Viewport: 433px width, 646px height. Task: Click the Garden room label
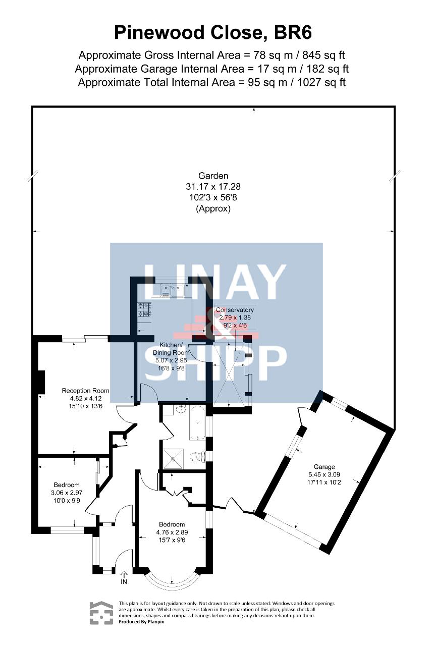point(213,176)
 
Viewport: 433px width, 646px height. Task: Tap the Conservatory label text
point(235,310)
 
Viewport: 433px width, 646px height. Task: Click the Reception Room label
point(86,391)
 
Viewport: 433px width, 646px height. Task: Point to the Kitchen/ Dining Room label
point(171,349)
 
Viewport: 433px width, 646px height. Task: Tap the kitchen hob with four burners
point(144,309)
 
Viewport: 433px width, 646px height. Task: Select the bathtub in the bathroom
point(197,423)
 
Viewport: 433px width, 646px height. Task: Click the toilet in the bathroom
point(197,457)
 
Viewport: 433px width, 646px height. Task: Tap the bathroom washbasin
point(181,409)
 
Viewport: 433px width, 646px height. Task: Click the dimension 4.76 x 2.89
point(172,532)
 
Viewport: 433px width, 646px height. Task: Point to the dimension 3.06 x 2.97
point(67,493)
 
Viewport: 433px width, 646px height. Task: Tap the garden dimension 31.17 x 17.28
point(213,187)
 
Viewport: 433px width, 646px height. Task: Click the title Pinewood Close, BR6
point(213,33)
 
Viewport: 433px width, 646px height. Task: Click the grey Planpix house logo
point(101,613)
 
